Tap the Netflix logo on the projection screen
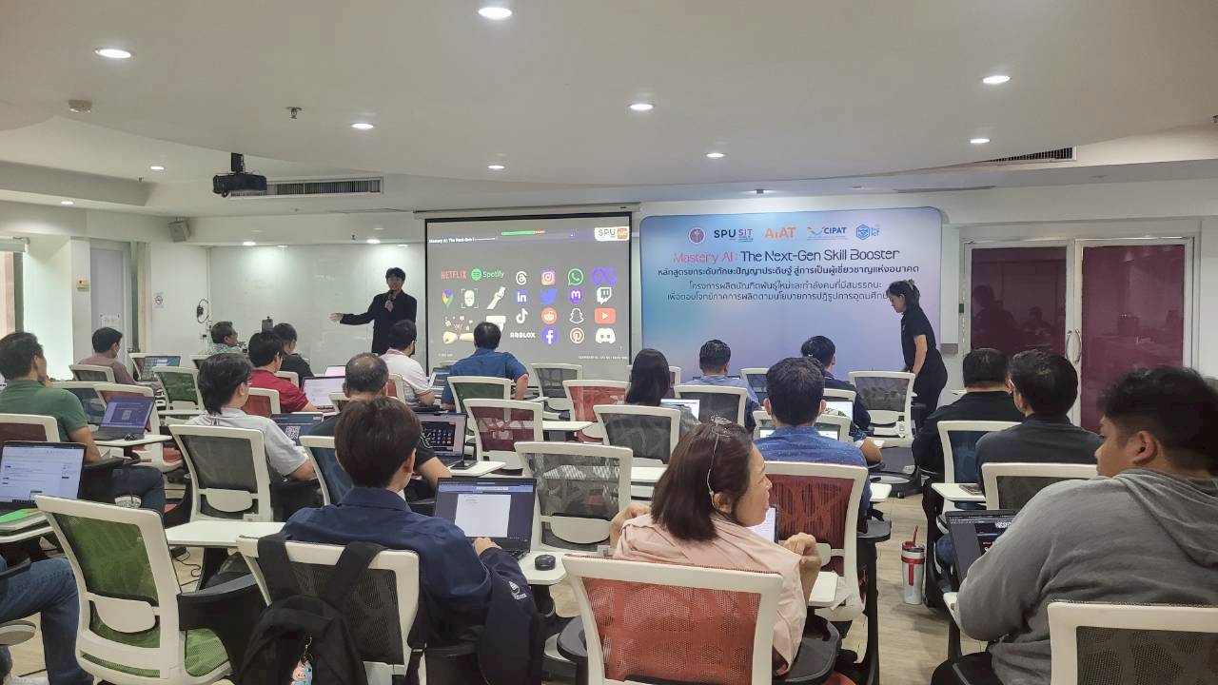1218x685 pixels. point(453,275)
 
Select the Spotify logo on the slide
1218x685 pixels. point(487,275)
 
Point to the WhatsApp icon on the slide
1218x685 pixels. point(576,277)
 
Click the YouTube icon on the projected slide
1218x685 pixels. point(604,316)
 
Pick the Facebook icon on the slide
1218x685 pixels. point(549,336)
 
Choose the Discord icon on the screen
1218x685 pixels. point(604,336)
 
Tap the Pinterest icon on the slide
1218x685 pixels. point(577,336)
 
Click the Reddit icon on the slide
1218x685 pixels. point(549,316)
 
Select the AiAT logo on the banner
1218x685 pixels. point(779,233)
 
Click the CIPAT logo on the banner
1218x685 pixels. point(826,232)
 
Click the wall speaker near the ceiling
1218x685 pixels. point(179,230)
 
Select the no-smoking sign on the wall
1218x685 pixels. point(158,300)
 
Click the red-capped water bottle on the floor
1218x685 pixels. point(912,572)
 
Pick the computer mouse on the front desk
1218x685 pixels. point(544,562)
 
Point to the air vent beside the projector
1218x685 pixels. point(324,187)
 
